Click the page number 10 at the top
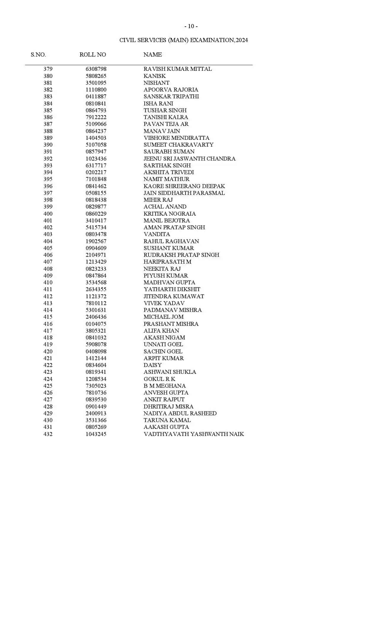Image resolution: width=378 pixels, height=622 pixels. click(x=191, y=26)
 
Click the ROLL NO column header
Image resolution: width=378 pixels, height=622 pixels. click(x=92, y=54)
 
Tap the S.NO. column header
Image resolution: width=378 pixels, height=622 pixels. click(x=38, y=54)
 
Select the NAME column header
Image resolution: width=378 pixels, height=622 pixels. click(x=152, y=54)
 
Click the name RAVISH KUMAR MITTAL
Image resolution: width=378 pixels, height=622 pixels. click(x=178, y=69)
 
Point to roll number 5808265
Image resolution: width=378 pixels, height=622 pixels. click(x=96, y=76)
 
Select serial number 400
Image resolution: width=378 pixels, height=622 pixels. click(x=48, y=214)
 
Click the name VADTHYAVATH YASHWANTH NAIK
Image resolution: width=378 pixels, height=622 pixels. click(x=194, y=434)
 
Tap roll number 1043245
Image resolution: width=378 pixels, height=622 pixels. click(x=96, y=434)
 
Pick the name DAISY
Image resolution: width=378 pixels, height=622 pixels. click(x=152, y=365)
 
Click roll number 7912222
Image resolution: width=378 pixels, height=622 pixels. click(x=96, y=117)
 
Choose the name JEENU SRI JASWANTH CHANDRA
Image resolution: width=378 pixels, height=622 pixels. click(x=189, y=158)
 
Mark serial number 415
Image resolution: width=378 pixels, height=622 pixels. click(x=48, y=317)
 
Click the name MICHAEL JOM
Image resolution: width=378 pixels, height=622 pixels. click(x=163, y=317)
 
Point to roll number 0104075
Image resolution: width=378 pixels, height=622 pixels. click(x=96, y=324)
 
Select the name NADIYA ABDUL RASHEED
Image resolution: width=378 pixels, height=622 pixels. click(x=180, y=413)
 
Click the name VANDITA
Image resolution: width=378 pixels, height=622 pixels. click(x=157, y=234)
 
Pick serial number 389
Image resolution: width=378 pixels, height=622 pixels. click(x=48, y=138)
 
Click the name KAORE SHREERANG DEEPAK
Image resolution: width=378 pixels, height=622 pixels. click(x=184, y=186)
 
